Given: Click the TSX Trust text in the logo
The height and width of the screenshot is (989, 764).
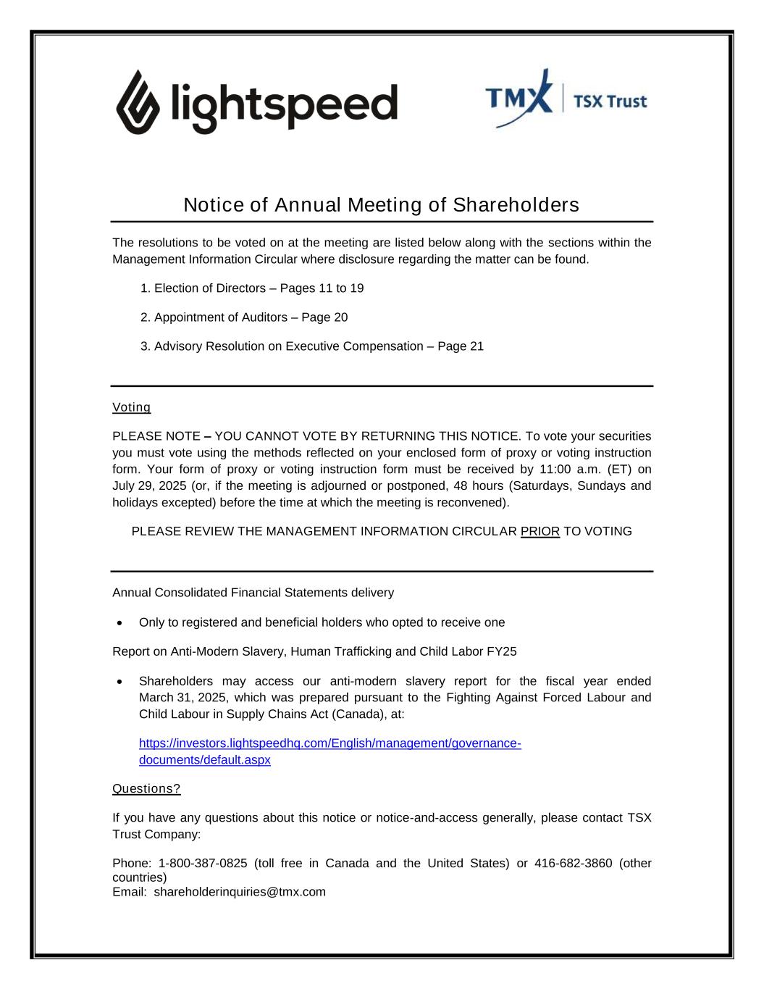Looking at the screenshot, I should point(610,101).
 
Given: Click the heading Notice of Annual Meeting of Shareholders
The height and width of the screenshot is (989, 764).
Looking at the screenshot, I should point(381,205).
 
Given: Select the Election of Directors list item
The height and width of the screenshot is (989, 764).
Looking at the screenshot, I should point(252,288).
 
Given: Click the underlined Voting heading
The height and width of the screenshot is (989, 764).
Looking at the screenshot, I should point(131,407).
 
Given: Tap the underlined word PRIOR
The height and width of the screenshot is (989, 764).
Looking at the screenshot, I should point(540,532).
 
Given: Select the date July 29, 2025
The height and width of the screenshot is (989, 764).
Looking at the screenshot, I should point(150,485).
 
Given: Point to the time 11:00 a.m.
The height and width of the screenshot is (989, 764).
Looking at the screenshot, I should point(571,470).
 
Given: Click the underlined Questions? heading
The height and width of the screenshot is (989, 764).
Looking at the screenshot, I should point(146,788).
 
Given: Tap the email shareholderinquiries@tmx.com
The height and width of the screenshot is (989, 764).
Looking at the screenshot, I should point(240,892).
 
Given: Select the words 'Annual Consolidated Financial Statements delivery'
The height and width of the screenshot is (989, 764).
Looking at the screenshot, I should point(253,593).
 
